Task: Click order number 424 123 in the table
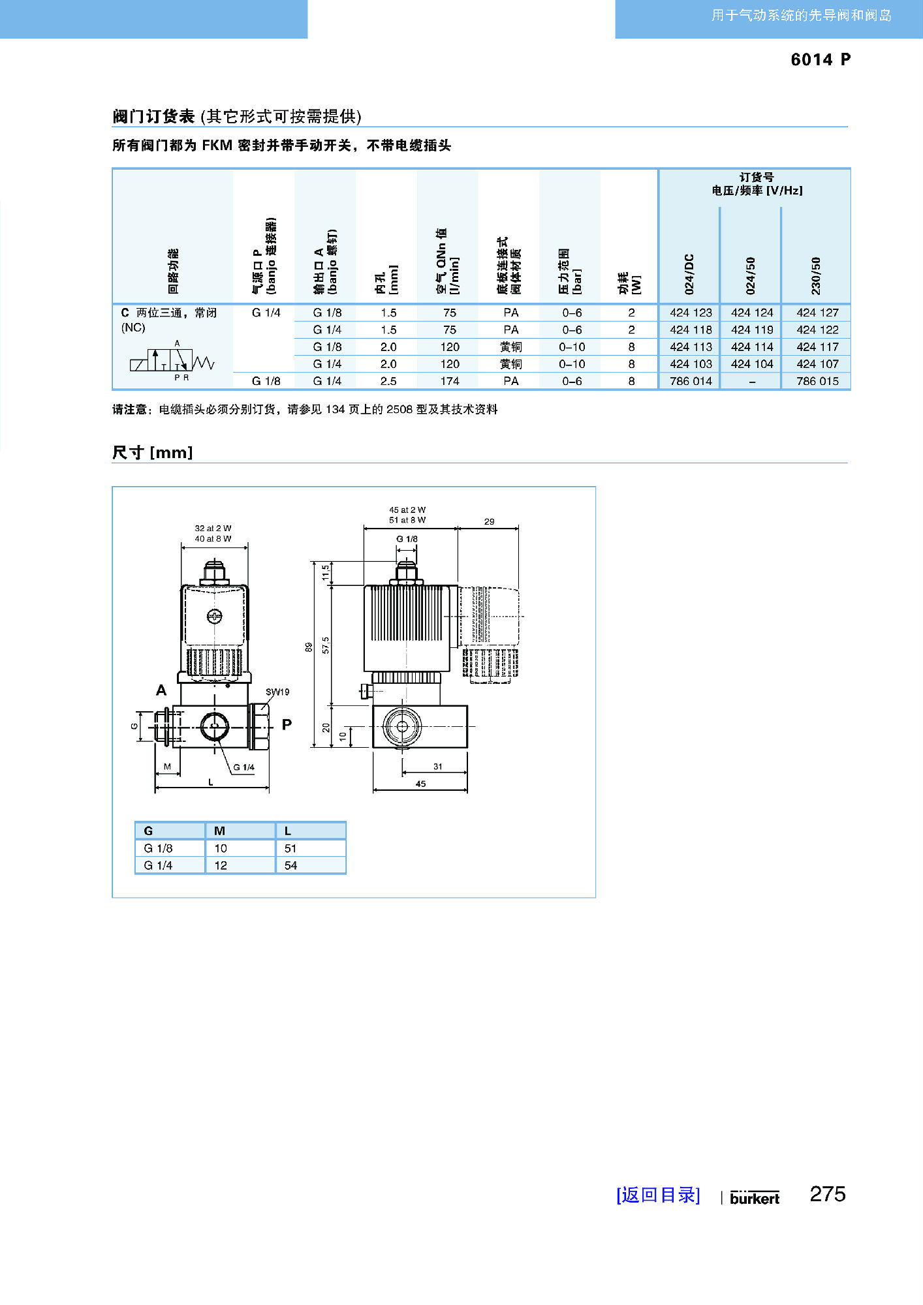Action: click(691, 313)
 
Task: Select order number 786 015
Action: click(817, 381)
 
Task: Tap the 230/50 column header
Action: click(816, 275)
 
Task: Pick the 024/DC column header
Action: click(689, 274)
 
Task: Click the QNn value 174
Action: click(450, 381)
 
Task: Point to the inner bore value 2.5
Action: click(388, 381)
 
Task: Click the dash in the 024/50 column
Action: click(752, 382)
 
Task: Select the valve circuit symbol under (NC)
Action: click(172, 361)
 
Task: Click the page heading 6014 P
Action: click(821, 59)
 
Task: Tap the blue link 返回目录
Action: click(658, 1195)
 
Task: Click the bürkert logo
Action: click(755, 1198)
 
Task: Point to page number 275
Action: click(828, 1194)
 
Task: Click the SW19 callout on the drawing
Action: click(277, 692)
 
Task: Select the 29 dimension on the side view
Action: click(489, 521)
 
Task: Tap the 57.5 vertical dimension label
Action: click(326, 645)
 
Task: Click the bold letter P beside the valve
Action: click(287, 724)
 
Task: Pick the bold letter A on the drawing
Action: click(161, 690)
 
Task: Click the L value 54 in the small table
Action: click(290, 865)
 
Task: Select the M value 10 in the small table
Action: click(221, 848)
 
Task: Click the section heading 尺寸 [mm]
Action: click(153, 452)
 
